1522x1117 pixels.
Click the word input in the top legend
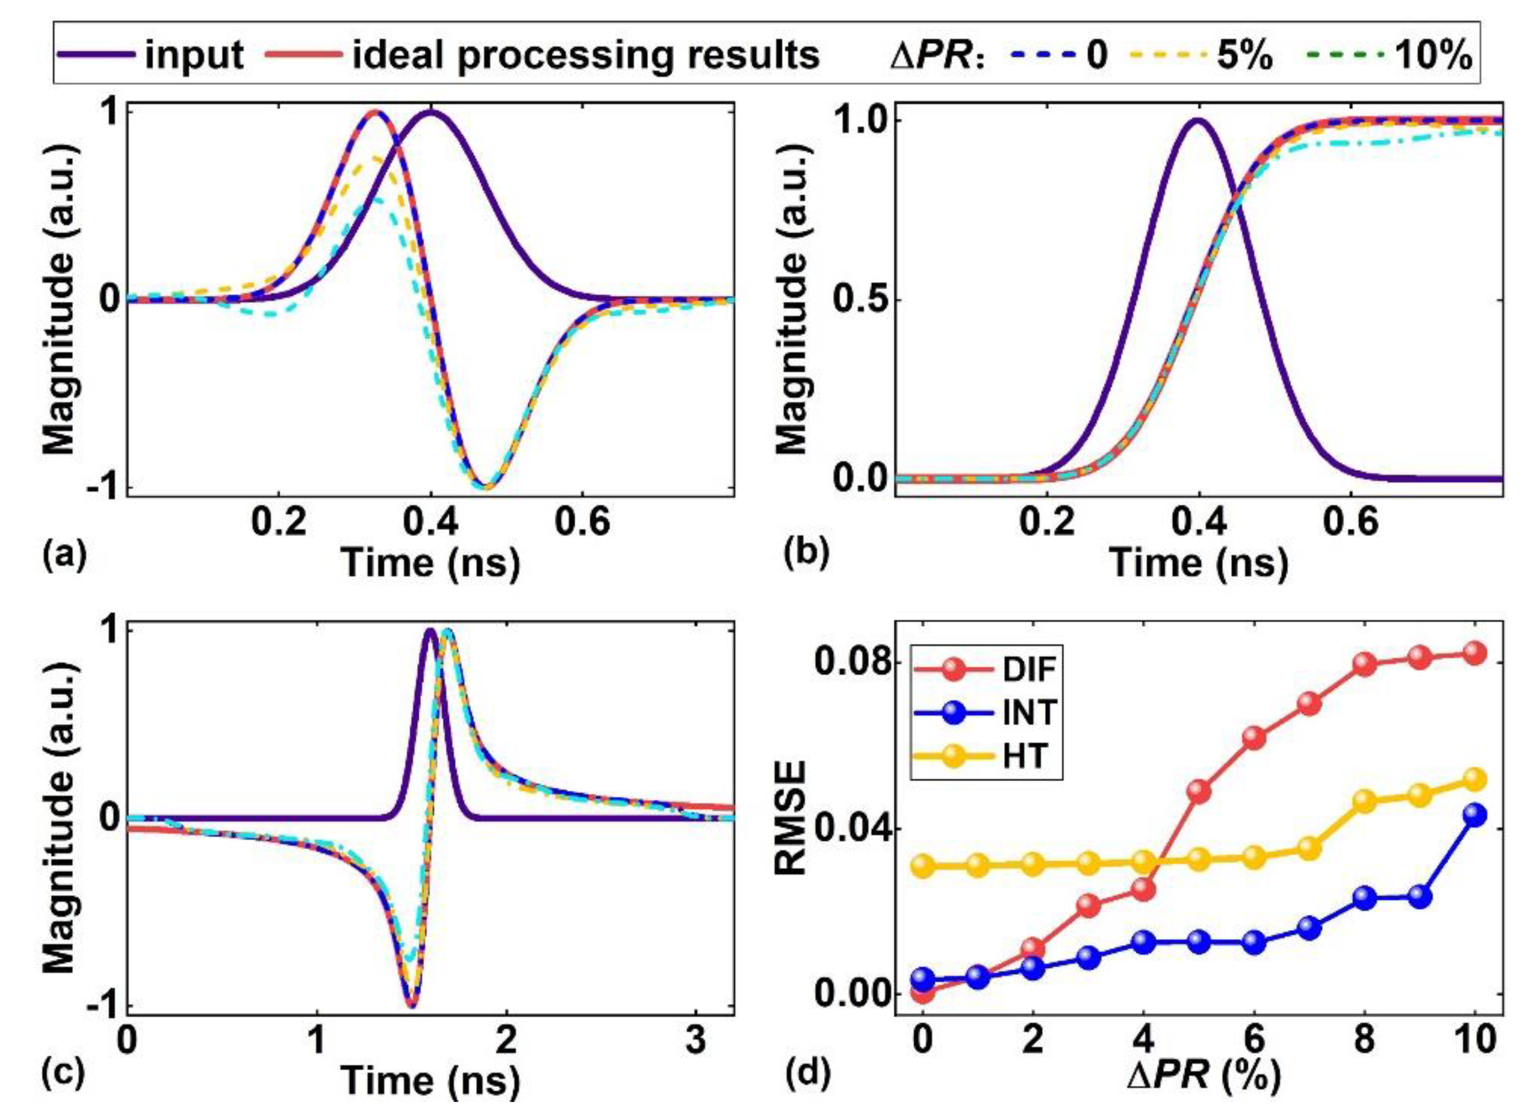coord(194,54)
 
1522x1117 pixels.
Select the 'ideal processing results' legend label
coord(585,54)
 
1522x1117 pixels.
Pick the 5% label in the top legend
coord(1245,55)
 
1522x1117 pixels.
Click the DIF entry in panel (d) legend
coord(1029,670)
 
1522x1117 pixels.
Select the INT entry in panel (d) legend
coord(1029,712)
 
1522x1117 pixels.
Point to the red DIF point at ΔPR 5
coord(1199,791)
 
